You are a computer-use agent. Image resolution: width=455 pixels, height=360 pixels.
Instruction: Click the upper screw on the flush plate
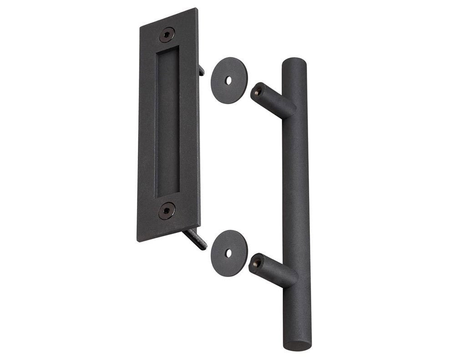[x=168, y=34]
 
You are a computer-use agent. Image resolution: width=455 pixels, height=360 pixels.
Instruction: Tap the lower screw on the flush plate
[x=167, y=210]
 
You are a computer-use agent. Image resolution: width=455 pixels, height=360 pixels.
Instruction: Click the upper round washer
[x=229, y=80]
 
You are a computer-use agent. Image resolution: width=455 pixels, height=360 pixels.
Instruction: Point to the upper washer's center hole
[x=229, y=80]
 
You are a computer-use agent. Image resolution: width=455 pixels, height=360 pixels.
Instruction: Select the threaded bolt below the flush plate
[x=195, y=238]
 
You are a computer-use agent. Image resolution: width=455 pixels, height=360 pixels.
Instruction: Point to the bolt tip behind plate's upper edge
[x=202, y=70]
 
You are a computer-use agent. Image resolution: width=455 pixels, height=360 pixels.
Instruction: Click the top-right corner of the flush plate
[x=197, y=9]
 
